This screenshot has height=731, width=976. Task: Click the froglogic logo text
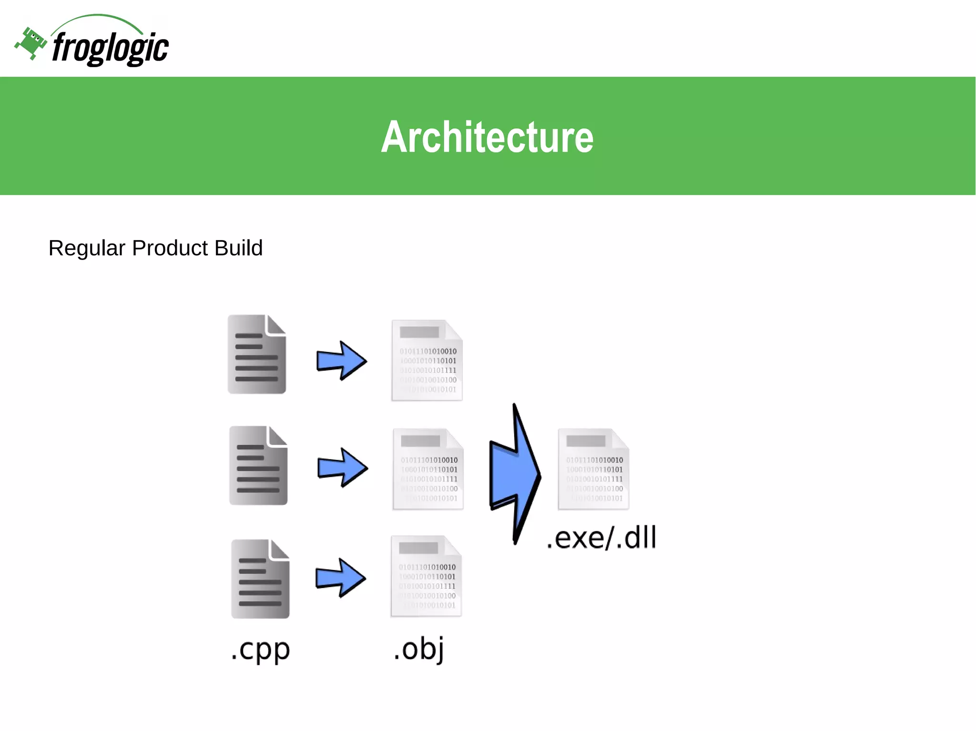click(110, 48)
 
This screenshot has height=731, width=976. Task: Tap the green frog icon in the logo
click(31, 43)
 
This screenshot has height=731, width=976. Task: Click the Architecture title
click(487, 137)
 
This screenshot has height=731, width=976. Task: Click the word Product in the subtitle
click(170, 248)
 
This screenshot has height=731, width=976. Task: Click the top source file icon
click(257, 354)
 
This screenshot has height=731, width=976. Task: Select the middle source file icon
click(258, 466)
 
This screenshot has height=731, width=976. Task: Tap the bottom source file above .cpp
click(260, 579)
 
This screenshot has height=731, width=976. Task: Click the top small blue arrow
click(342, 360)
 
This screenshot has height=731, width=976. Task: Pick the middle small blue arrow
click(343, 468)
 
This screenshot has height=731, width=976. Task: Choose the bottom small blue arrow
click(341, 578)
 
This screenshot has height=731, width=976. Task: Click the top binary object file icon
click(427, 360)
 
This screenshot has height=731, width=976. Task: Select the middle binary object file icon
click(428, 469)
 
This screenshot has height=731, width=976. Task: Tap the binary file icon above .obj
click(427, 576)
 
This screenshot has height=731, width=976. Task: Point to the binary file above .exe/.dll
click(594, 469)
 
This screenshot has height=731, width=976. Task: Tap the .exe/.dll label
click(601, 538)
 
